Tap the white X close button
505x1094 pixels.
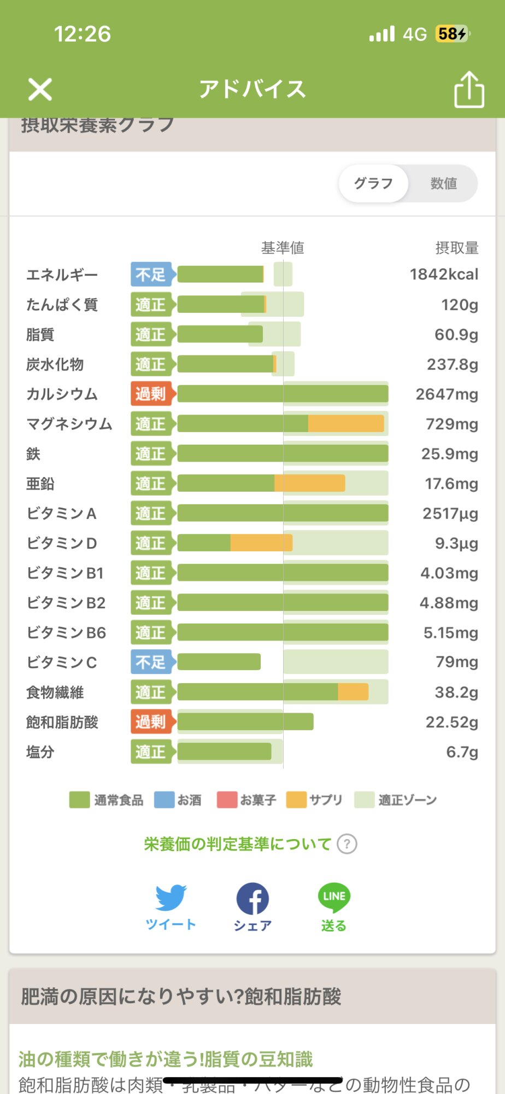point(40,90)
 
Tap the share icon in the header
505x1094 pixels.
point(469,90)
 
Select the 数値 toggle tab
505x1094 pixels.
point(443,184)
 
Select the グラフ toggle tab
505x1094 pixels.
point(374,184)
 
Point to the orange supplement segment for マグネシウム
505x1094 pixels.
point(346,424)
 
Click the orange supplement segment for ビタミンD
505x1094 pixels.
point(261,543)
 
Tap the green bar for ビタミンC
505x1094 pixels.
point(219,662)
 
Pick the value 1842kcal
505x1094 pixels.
point(444,275)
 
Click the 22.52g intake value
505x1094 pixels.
point(451,723)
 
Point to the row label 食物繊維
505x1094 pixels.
point(55,693)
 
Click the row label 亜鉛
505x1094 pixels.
point(40,484)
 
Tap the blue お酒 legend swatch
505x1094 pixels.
point(165,800)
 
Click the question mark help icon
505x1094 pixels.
point(347,844)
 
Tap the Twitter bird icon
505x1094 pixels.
point(171,897)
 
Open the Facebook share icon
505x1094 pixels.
point(252,898)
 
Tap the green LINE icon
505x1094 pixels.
point(334,897)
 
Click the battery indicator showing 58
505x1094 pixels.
point(452,34)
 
